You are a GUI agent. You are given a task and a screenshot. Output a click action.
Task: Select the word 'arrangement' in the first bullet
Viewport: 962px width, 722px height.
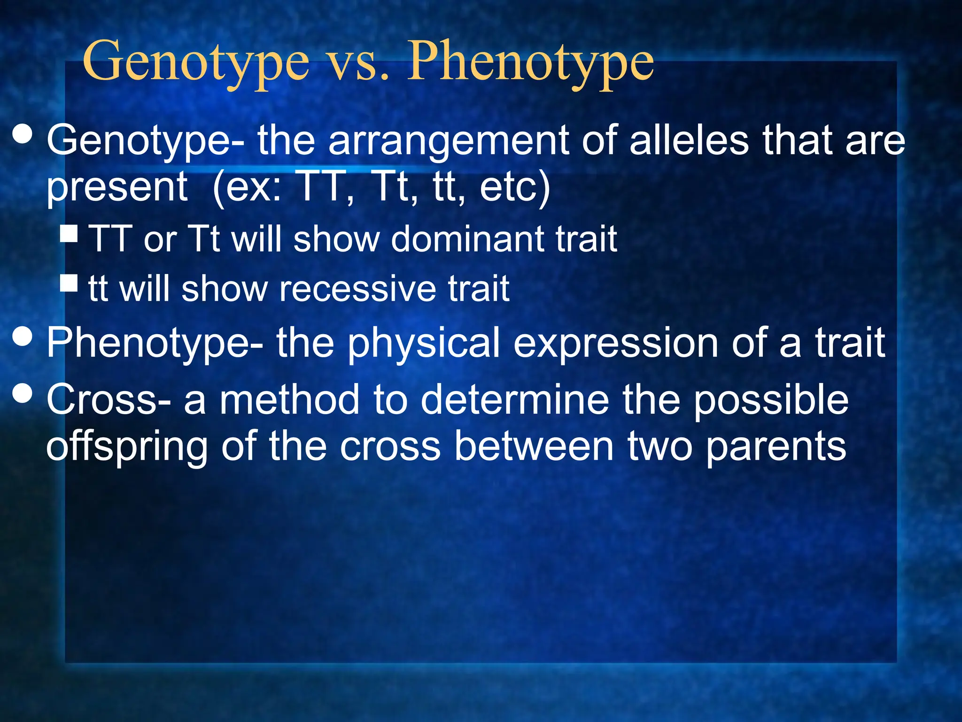(x=449, y=141)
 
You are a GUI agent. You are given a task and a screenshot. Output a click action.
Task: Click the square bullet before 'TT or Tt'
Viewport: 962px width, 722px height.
(x=69, y=233)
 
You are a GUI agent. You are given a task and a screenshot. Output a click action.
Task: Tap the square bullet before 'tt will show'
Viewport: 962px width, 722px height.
(x=69, y=283)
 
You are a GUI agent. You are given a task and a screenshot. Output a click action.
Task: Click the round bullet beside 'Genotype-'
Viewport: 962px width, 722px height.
(x=23, y=133)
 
